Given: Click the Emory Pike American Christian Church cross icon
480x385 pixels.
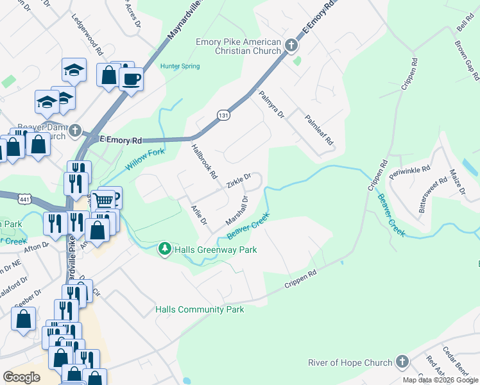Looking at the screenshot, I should pos(291,45).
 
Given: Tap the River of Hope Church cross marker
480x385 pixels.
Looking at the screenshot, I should pos(402,362).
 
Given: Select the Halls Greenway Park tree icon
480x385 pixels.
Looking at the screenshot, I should pos(165,248).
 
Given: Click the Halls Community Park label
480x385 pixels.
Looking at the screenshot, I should pos(200,309).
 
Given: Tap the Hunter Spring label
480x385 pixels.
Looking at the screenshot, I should pos(180,66).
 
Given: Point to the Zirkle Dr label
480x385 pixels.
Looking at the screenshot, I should pos(238,180).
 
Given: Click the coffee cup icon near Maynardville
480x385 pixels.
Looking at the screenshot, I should pos(132,80).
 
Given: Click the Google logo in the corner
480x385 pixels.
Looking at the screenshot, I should pos(21,377).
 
